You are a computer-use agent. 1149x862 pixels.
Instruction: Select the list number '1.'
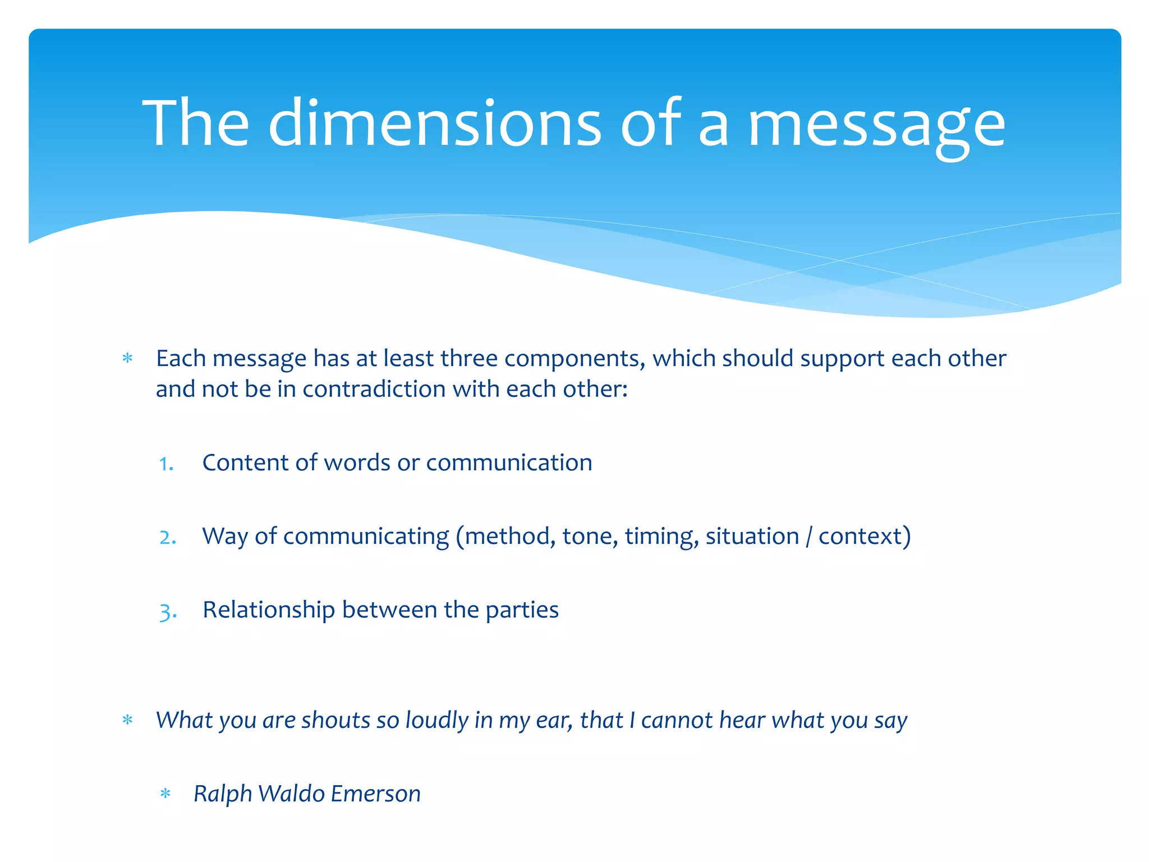click(x=166, y=464)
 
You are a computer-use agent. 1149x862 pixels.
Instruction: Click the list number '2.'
click(x=168, y=538)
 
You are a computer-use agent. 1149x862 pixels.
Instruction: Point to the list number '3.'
click(x=168, y=611)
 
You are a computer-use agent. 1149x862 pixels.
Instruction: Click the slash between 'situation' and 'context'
click(x=808, y=537)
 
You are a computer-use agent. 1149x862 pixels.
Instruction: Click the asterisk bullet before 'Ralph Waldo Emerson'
click(x=165, y=794)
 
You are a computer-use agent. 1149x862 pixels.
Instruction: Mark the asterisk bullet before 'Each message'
click(x=127, y=359)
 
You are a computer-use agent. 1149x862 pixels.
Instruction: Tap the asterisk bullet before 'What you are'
click(x=127, y=721)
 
